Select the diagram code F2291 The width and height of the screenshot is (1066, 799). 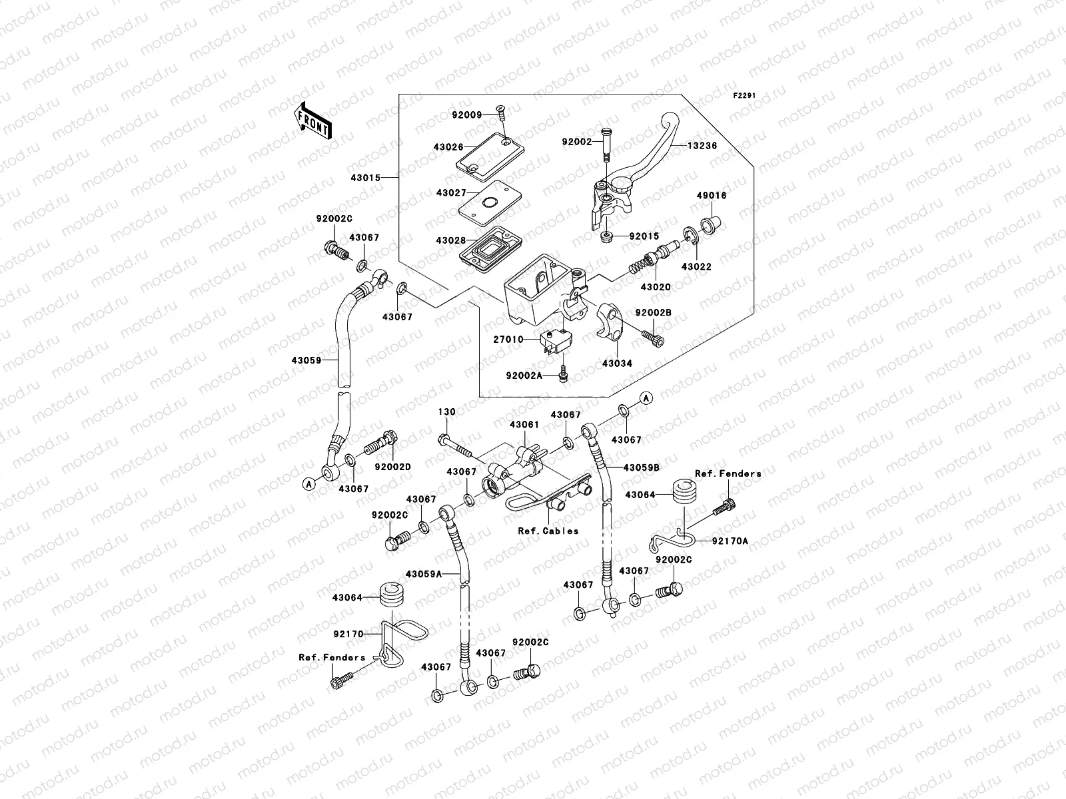click(745, 96)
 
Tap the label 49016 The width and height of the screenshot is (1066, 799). click(712, 196)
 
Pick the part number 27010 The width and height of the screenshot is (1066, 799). click(508, 340)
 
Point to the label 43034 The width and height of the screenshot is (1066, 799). click(617, 364)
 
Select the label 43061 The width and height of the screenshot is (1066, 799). click(524, 424)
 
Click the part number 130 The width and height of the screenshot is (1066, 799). click(446, 412)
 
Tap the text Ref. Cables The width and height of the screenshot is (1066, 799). click(548, 531)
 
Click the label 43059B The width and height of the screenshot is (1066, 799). click(641, 467)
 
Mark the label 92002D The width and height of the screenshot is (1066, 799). click(392, 467)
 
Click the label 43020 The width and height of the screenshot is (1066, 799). click(655, 287)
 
